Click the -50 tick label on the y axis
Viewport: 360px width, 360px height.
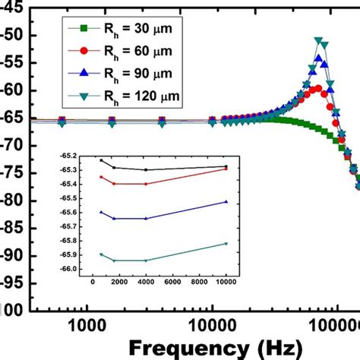point(12,36)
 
